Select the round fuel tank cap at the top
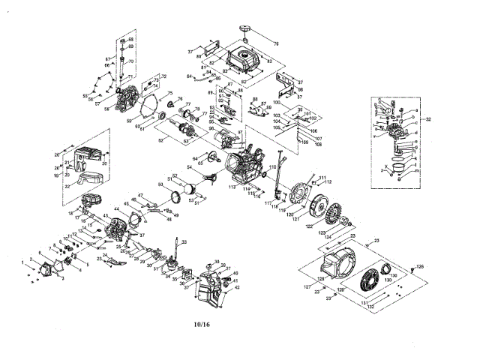point(245,29)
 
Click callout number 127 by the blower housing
point(307,286)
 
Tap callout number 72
point(163,77)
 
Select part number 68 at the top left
point(130,39)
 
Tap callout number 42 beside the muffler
point(236,287)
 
